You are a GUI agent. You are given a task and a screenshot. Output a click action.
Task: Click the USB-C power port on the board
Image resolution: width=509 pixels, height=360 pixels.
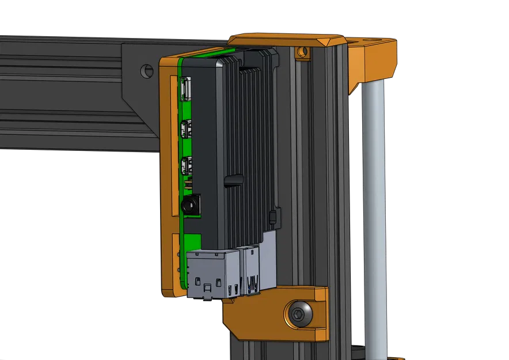pos(186,88)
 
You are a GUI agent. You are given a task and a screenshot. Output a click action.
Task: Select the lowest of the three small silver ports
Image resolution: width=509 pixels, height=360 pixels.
pos(185,166)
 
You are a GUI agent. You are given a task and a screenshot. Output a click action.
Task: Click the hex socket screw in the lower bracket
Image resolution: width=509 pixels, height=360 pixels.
pos(298,314)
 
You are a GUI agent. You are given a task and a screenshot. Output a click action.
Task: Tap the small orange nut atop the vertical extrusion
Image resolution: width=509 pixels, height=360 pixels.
pos(301,53)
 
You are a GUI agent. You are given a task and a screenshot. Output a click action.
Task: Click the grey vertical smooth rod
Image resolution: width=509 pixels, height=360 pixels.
pos(375,219)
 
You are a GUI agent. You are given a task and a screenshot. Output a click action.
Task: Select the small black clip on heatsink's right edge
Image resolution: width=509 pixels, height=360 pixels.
pos(274,217)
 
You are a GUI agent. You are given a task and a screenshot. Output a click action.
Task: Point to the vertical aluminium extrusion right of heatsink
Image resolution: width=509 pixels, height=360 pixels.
pos(314,173)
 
